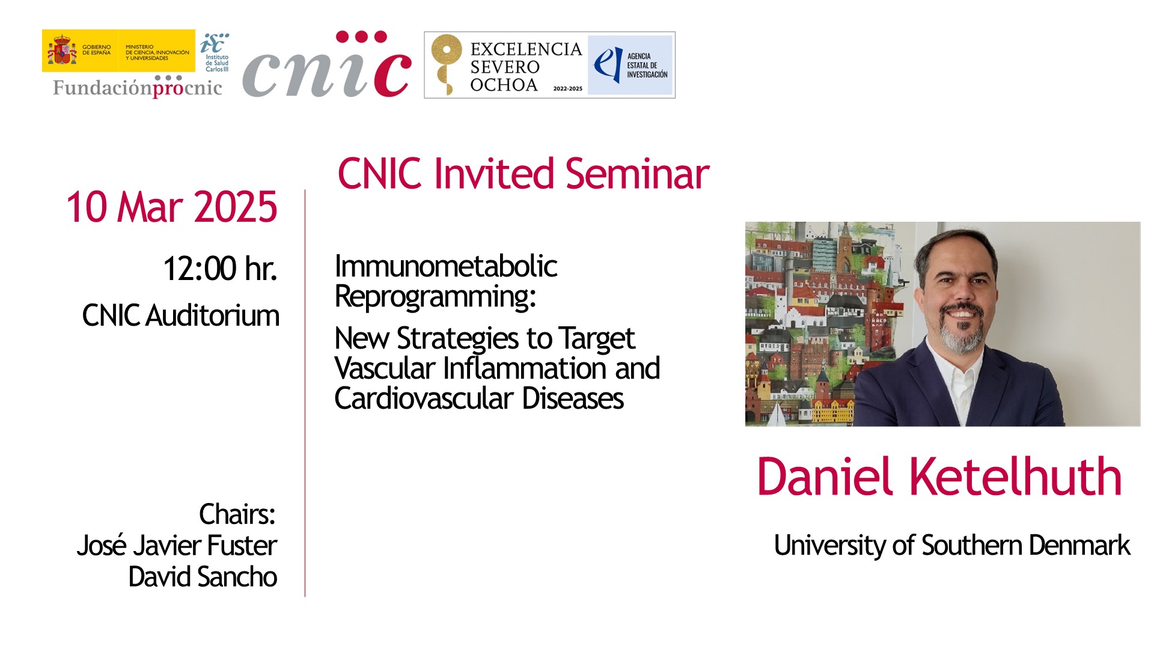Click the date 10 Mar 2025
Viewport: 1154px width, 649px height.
pyautogui.click(x=172, y=207)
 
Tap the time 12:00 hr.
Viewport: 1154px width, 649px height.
pyautogui.click(x=220, y=269)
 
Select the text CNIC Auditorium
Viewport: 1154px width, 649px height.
pyautogui.click(x=181, y=315)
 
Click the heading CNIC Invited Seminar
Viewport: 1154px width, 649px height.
pyautogui.click(x=524, y=174)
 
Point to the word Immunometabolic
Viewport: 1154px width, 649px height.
pyautogui.click(x=446, y=266)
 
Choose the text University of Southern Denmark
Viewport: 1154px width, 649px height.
pyautogui.click(x=952, y=546)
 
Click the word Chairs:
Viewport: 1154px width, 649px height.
pyautogui.click(x=237, y=514)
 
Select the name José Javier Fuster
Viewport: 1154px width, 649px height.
pyautogui.click(x=177, y=546)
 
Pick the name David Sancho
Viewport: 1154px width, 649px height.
pyautogui.click(x=203, y=577)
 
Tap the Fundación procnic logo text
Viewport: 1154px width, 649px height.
pyautogui.click(x=138, y=87)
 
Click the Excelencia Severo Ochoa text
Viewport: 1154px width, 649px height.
pyautogui.click(x=525, y=67)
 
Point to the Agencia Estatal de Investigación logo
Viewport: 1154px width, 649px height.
pyautogui.click(x=630, y=65)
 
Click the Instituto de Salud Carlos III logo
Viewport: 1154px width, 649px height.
pyautogui.click(x=215, y=53)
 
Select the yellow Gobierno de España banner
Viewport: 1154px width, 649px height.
pyautogui.click(x=118, y=50)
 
